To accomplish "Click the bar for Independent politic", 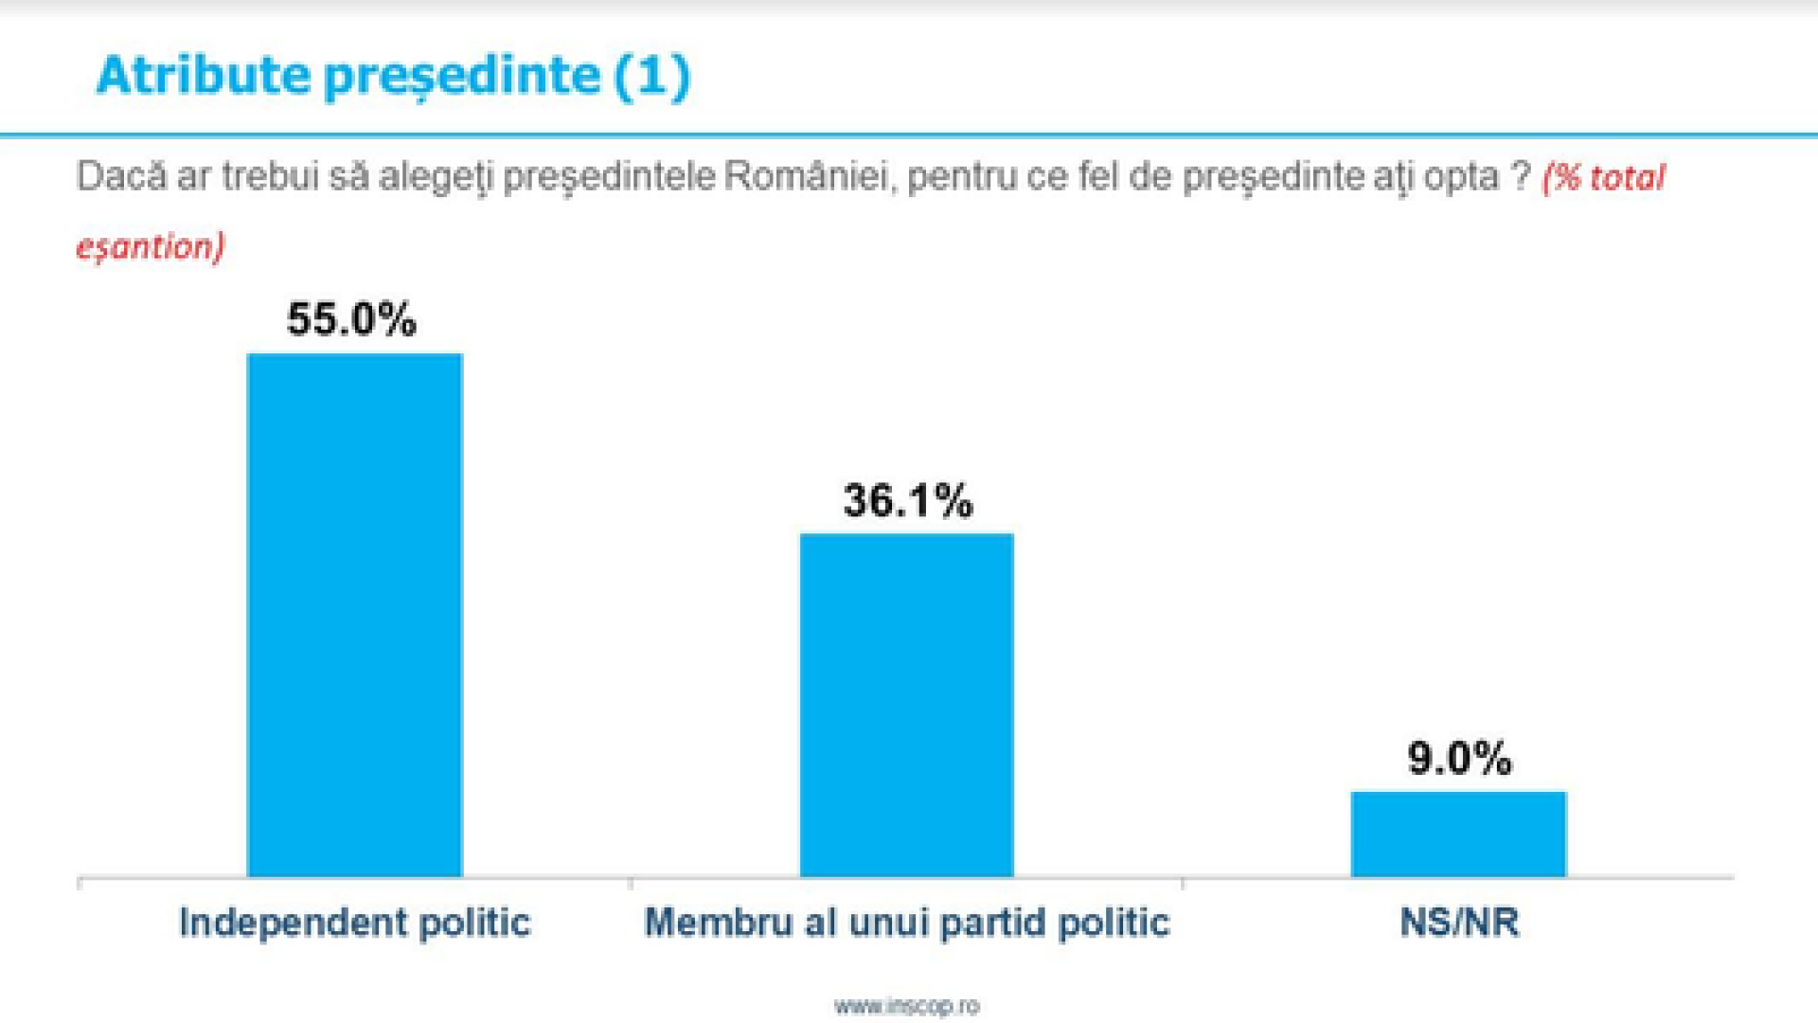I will coord(354,616).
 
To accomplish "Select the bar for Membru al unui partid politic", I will coord(906,706).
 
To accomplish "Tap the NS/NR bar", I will coord(1458,835).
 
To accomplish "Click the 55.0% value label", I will coord(351,319).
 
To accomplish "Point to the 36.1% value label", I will coord(907,500).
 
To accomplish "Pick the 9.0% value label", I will coord(1459,758).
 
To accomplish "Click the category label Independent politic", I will coord(354,923).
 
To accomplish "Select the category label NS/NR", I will coord(1459,923).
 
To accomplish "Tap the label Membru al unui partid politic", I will coord(906,923).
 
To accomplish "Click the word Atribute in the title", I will coord(203,75).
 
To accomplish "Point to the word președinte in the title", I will coord(463,77).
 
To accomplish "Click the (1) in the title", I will coord(652,76).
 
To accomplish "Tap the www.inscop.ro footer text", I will coord(906,1006).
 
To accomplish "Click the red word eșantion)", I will coord(151,247).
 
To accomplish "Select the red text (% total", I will coord(1603,178).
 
